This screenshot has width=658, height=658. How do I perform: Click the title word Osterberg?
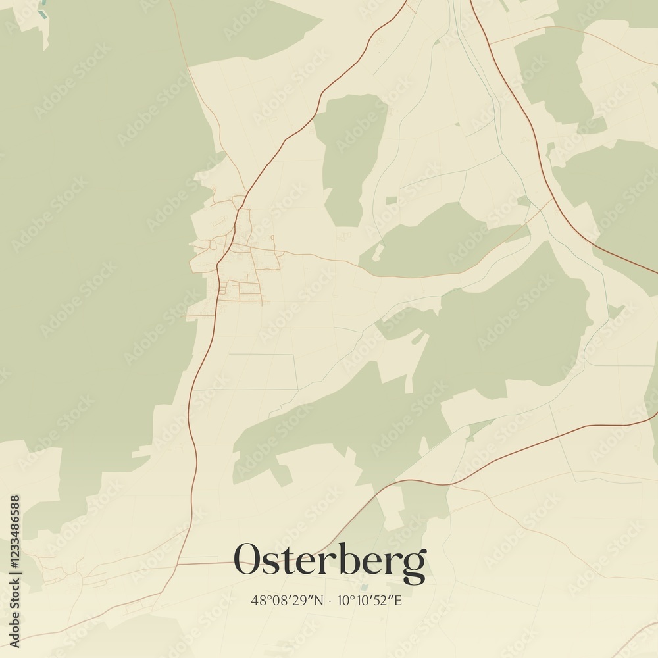click(330, 560)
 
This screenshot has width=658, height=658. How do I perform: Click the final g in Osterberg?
click(415, 565)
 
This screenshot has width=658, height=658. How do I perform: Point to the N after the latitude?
click(318, 600)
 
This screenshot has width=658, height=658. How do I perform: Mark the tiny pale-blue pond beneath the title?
click(363, 586)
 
